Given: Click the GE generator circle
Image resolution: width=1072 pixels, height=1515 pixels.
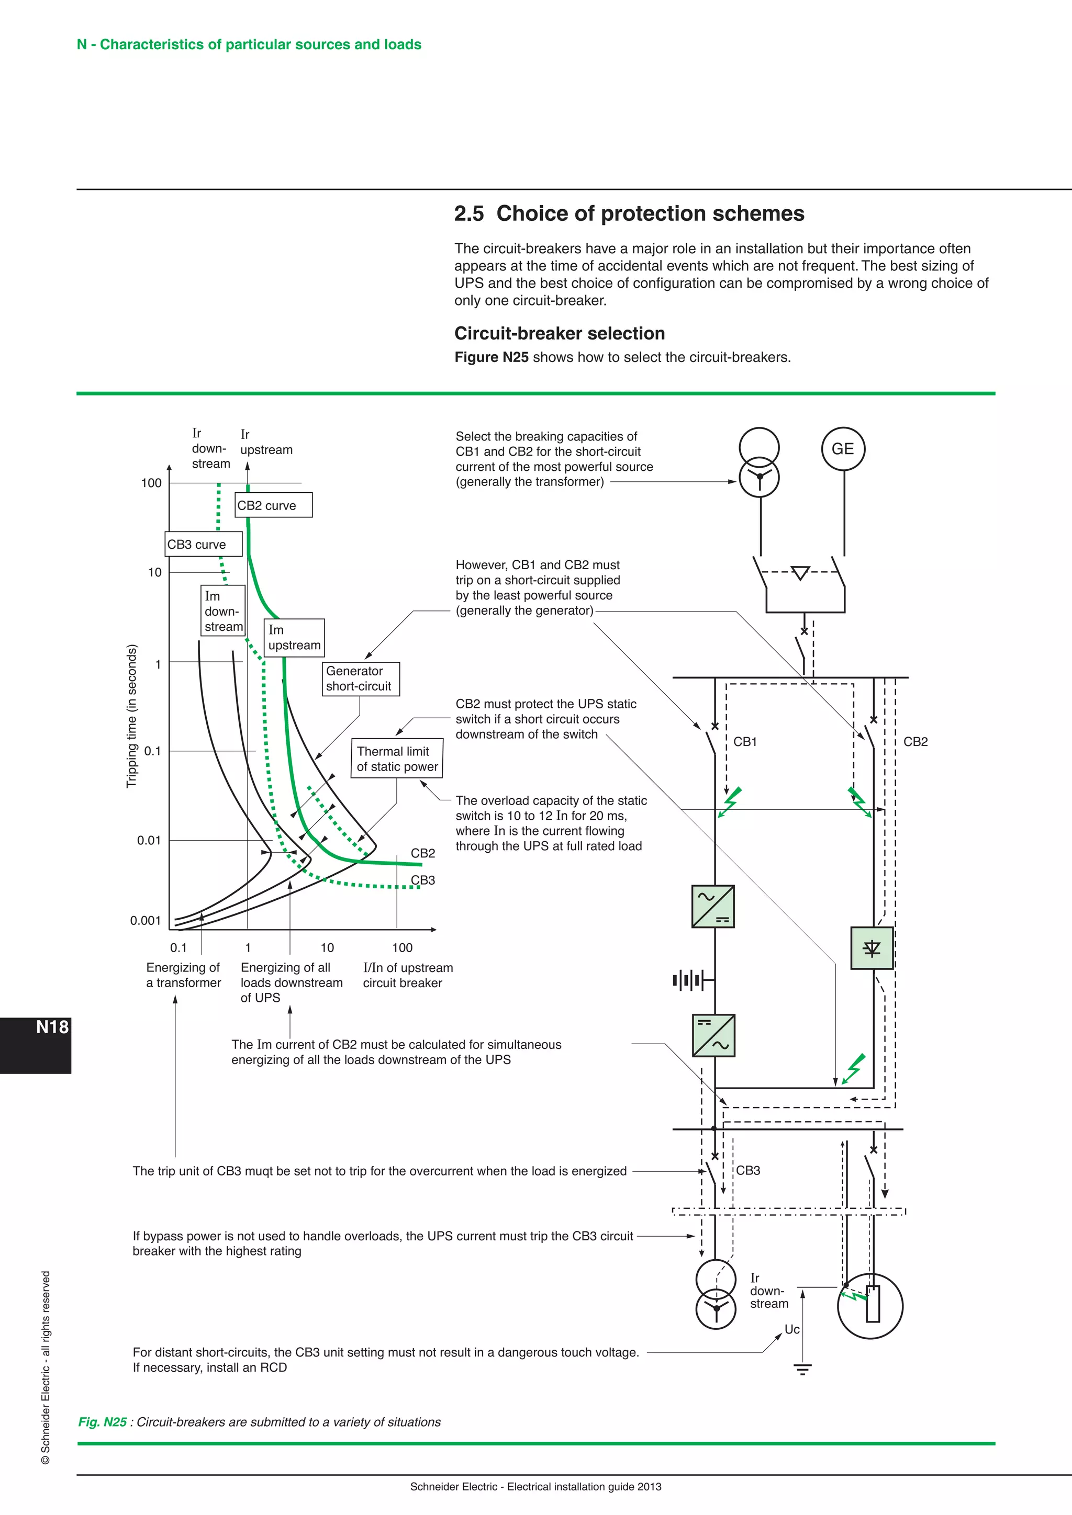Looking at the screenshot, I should click(842, 449).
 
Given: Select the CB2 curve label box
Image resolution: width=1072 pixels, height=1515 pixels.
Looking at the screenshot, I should click(273, 505).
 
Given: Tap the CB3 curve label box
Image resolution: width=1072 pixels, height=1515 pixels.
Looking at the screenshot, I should click(203, 545).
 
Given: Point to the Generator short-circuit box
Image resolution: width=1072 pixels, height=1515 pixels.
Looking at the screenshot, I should click(361, 679).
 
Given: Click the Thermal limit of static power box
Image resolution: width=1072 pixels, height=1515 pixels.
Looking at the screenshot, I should click(397, 759).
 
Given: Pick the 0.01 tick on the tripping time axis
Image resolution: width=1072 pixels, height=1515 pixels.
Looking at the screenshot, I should click(149, 840).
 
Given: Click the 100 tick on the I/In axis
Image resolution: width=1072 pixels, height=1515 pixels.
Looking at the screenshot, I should click(402, 947).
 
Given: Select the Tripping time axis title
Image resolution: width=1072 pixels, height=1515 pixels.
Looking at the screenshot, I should click(131, 716).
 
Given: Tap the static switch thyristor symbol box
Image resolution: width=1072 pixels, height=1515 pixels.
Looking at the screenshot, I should click(872, 948).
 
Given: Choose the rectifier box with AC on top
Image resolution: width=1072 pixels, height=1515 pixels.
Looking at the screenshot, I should click(713, 907).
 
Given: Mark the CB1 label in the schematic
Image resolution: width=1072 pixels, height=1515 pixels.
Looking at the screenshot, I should click(745, 742).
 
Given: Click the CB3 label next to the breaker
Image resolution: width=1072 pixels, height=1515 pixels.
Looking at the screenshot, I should click(748, 1170).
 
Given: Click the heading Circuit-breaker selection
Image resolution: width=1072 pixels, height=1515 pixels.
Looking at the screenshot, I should click(559, 333).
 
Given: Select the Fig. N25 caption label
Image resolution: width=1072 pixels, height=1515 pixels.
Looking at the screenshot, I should click(102, 1422).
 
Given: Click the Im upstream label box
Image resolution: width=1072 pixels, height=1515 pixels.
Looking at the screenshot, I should click(294, 637).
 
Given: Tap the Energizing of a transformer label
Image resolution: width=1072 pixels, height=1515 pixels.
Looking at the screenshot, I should click(184, 975).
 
